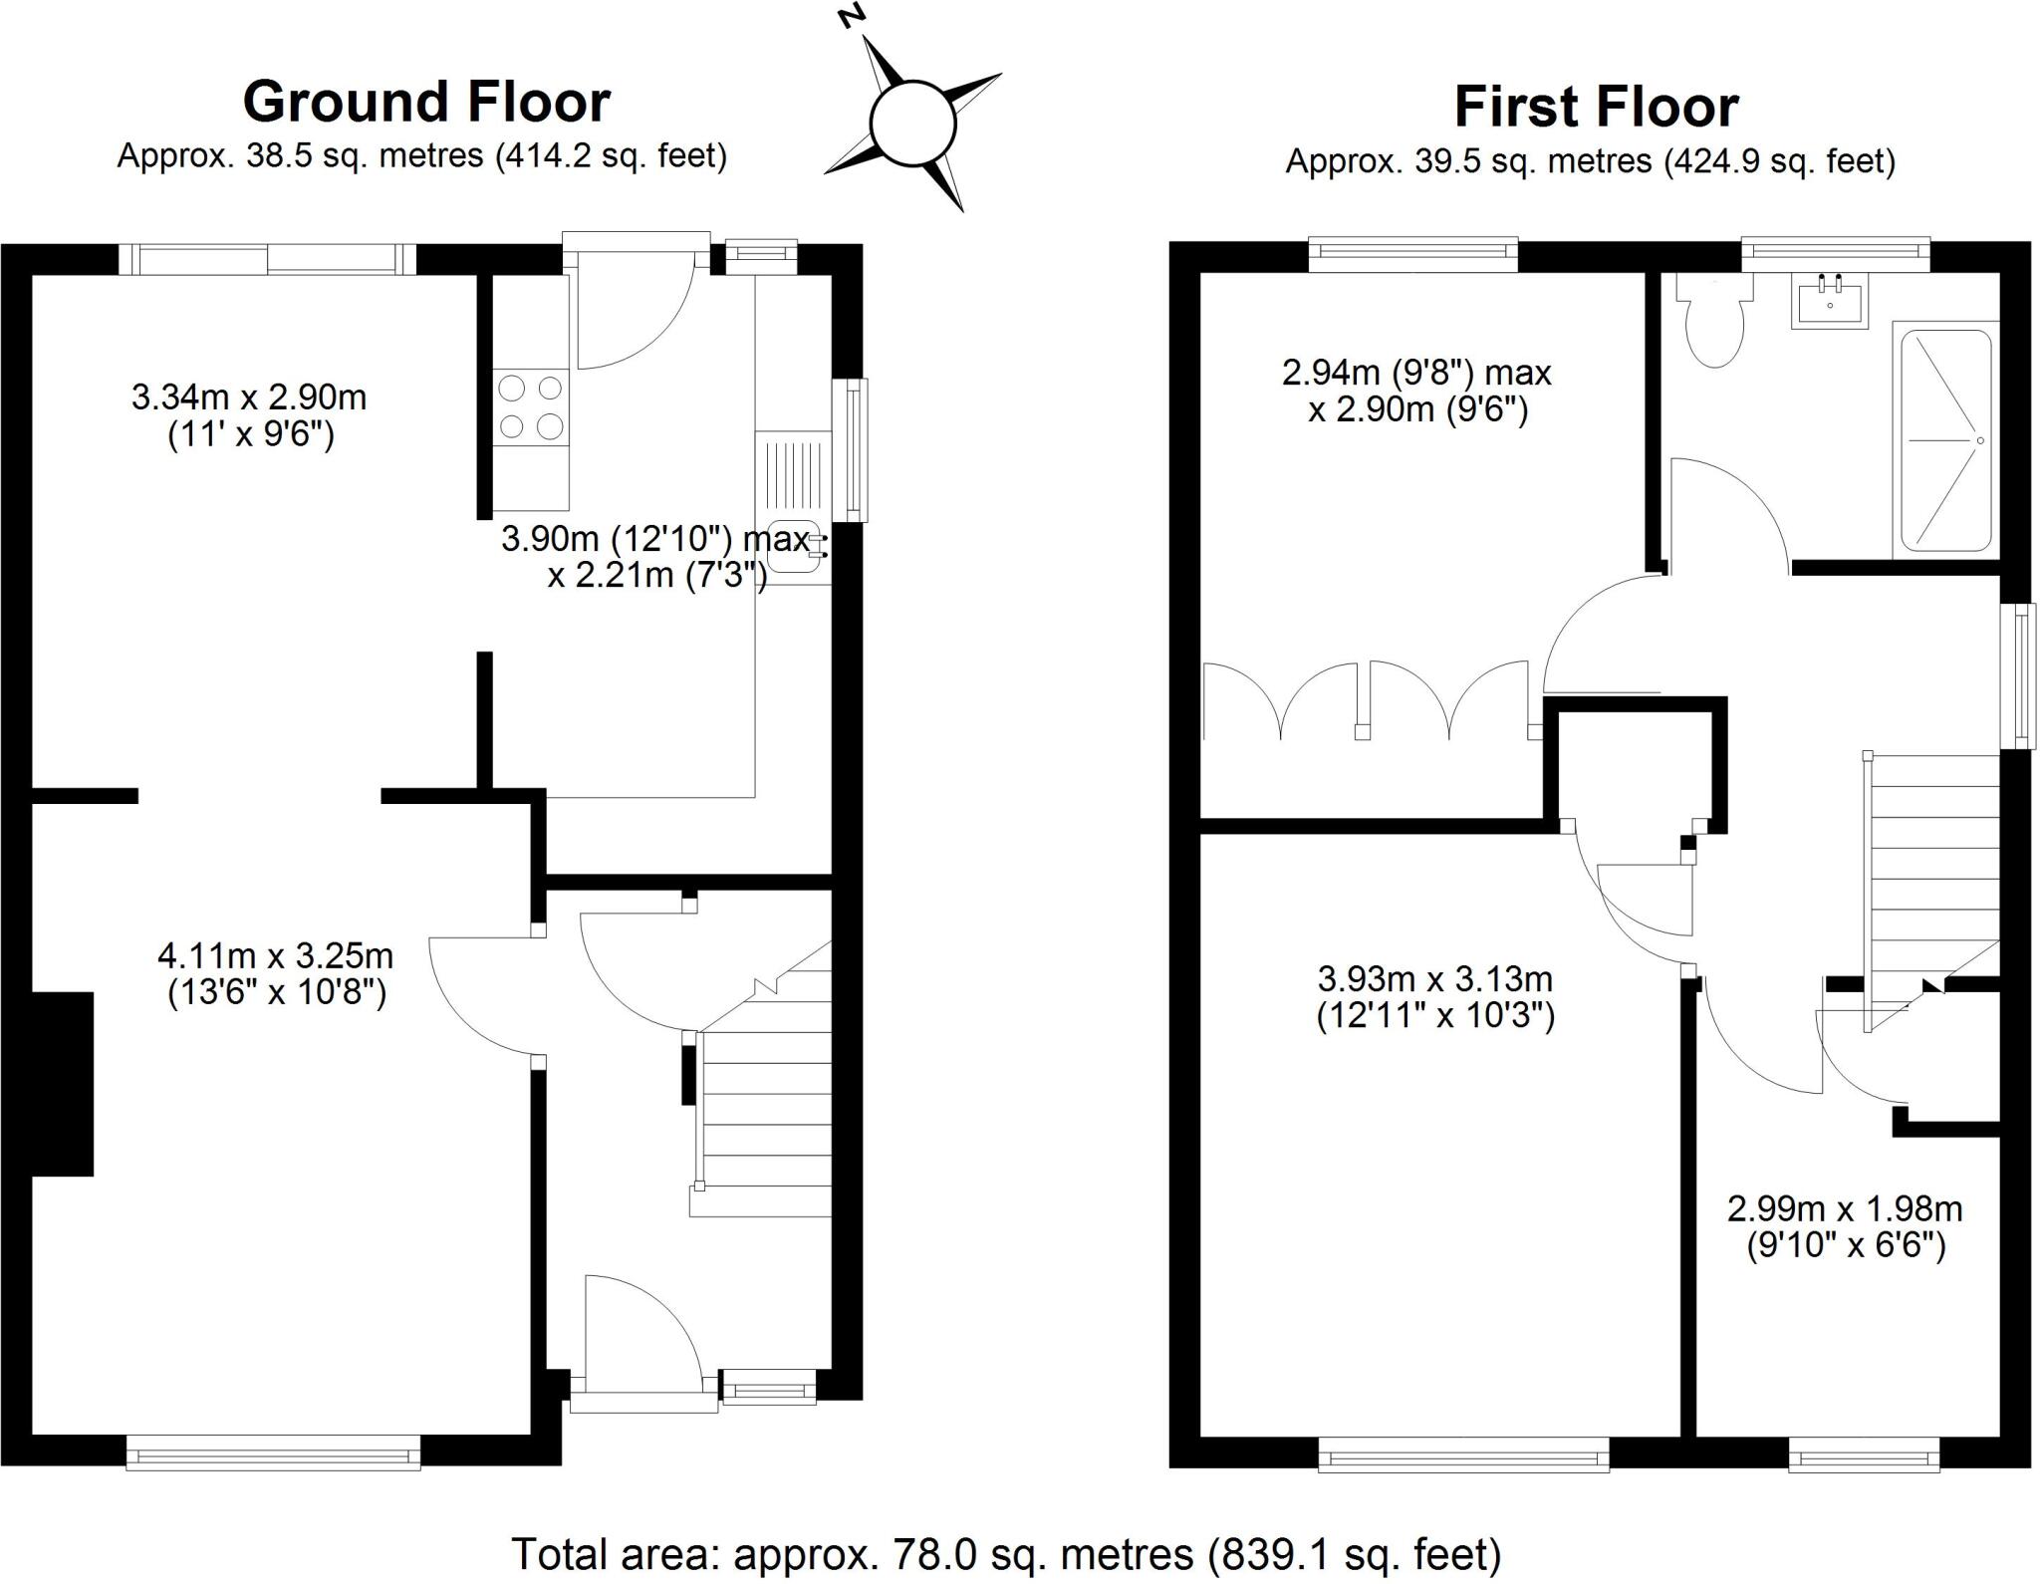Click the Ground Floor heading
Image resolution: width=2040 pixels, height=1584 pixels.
click(x=426, y=102)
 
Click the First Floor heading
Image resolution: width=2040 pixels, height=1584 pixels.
click(x=1596, y=108)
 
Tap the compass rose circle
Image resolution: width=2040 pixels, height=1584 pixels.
click(x=912, y=125)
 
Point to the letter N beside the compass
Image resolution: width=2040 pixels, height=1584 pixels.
click(x=850, y=17)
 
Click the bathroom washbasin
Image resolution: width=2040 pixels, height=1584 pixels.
click(x=1830, y=299)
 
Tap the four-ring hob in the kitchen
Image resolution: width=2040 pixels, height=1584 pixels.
click(x=531, y=405)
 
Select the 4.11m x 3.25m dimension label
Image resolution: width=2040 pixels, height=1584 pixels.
click(x=276, y=974)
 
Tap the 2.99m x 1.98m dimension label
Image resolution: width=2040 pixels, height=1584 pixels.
click(x=1845, y=1227)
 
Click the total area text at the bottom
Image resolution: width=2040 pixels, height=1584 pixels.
click(x=1006, y=1553)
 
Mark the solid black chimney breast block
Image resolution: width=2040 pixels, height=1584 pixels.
click(x=64, y=1083)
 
